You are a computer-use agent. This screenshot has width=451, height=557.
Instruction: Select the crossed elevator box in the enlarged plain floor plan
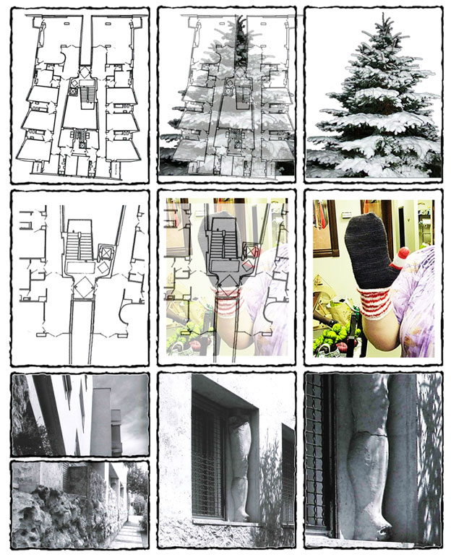coord(107,254)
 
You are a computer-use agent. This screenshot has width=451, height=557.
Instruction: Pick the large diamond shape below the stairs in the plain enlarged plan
coord(81,286)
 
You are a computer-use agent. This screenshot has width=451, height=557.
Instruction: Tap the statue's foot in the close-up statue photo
coord(376,523)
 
